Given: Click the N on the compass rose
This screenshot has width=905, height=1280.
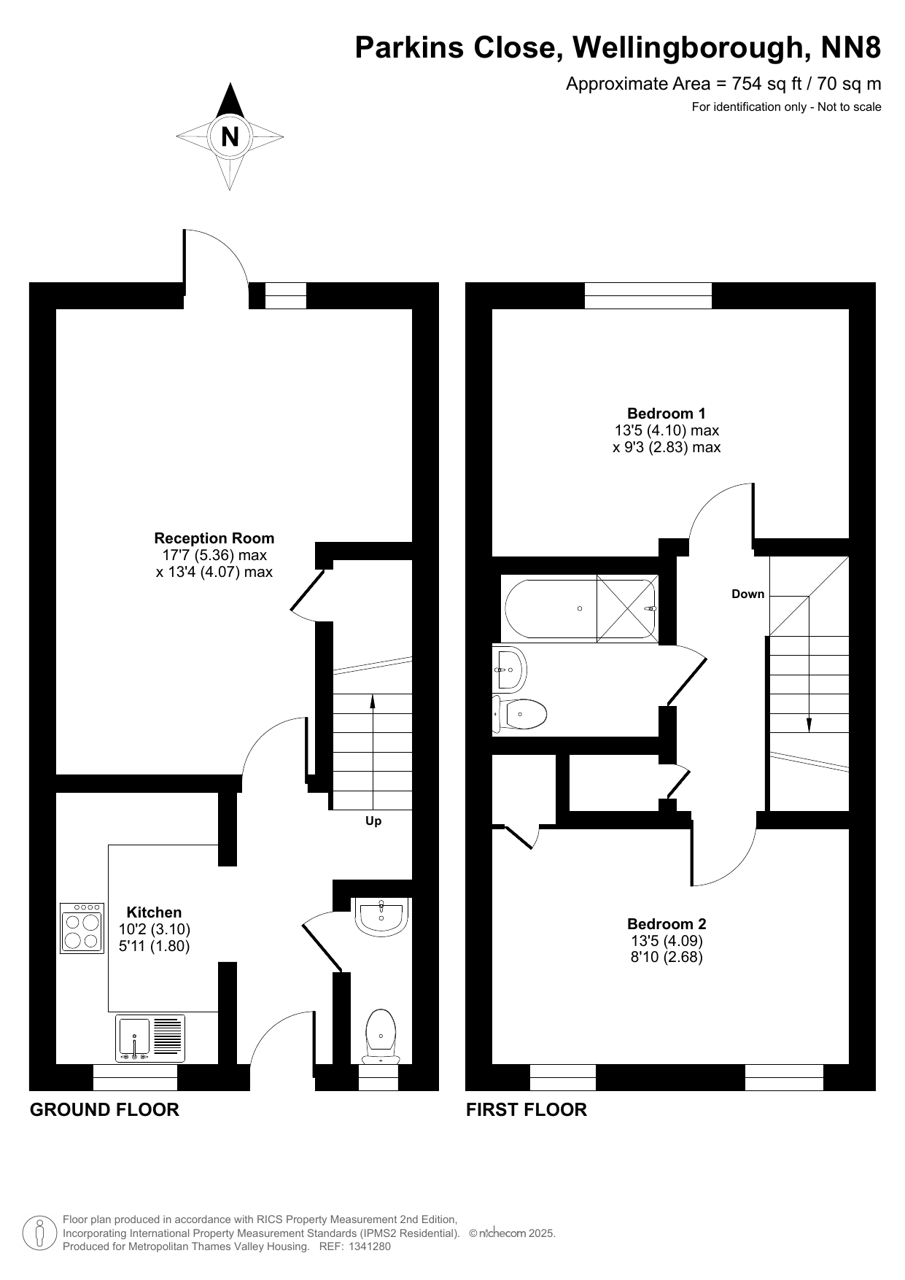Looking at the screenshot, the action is click(230, 136).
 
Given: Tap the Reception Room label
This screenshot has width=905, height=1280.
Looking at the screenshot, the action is click(214, 538).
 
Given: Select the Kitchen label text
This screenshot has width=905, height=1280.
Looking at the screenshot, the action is click(154, 912).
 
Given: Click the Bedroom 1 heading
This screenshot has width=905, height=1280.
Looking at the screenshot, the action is click(667, 414).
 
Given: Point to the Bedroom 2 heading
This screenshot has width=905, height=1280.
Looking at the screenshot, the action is click(667, 924).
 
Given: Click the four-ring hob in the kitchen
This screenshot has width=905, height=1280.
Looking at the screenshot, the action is click(82, 928).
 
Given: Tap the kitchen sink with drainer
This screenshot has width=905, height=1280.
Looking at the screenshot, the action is click(150, 1038).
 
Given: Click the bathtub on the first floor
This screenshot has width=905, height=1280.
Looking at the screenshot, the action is click(580, 608).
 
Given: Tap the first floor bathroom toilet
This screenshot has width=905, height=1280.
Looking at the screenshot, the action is click(519, 714).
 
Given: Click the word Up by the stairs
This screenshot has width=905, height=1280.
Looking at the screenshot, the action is click(373, 821).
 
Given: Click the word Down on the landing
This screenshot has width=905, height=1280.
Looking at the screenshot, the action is click(748, 594).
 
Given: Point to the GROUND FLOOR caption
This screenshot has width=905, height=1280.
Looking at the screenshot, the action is click(104, 1109).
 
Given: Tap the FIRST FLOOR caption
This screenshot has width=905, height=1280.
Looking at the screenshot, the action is click(527, 1109).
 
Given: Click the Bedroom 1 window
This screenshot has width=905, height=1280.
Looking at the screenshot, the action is click(648, 295).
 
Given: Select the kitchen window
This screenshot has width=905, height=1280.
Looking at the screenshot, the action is click(136, 1077).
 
